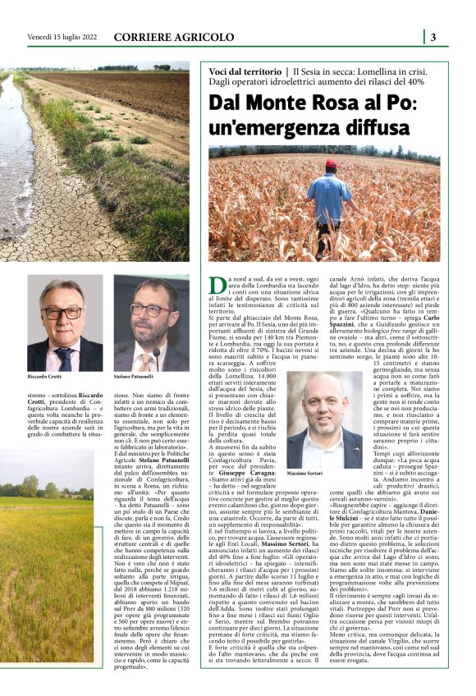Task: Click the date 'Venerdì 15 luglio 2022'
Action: (62, 37)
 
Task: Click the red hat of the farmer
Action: (332, 164)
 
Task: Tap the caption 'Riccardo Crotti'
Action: (43, 375)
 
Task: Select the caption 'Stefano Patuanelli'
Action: (132, 375)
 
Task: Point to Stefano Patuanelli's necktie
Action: (148, 358)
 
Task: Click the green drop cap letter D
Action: (217, 285)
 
